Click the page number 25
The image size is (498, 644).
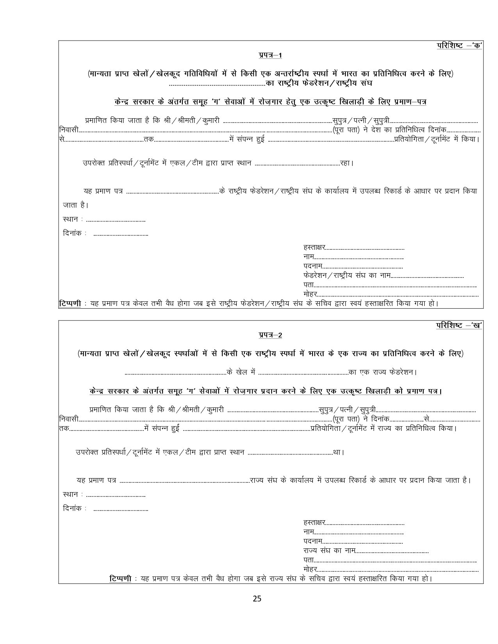(257, 598)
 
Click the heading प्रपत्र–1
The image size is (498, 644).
(270, 56)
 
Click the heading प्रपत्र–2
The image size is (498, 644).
(270, 335)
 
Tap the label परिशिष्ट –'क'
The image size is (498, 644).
(459, 46)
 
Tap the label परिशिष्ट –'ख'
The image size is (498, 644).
(459, 325)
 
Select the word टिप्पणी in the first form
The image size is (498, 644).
(70, 303)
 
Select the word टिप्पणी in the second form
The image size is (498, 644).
(120, 579)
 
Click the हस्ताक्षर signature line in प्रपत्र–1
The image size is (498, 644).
(365, 247)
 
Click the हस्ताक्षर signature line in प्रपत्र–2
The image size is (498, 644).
(365, 523)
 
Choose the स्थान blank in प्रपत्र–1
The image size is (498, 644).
(116, 220)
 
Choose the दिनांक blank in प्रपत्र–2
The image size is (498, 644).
(121, 509)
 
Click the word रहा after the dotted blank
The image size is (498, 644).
(346, 163)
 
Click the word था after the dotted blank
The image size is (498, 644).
(338, 452)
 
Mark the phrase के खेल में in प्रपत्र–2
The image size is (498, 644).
(241, 372)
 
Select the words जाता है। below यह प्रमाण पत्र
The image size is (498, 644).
(75, 205)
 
